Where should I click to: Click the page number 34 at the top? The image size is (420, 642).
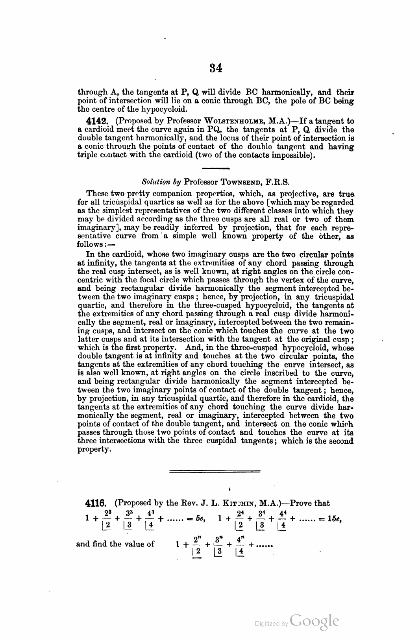click(x=216, y=68)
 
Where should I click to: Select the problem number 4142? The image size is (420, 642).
click(x=97, y=122)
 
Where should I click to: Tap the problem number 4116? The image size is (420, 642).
click(x=96, y=503)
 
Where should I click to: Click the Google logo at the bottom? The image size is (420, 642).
click(x=314, y=621)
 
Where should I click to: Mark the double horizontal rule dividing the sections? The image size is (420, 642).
click(x=215, y=471)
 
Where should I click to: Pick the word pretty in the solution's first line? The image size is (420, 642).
click(x=125, y=194)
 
